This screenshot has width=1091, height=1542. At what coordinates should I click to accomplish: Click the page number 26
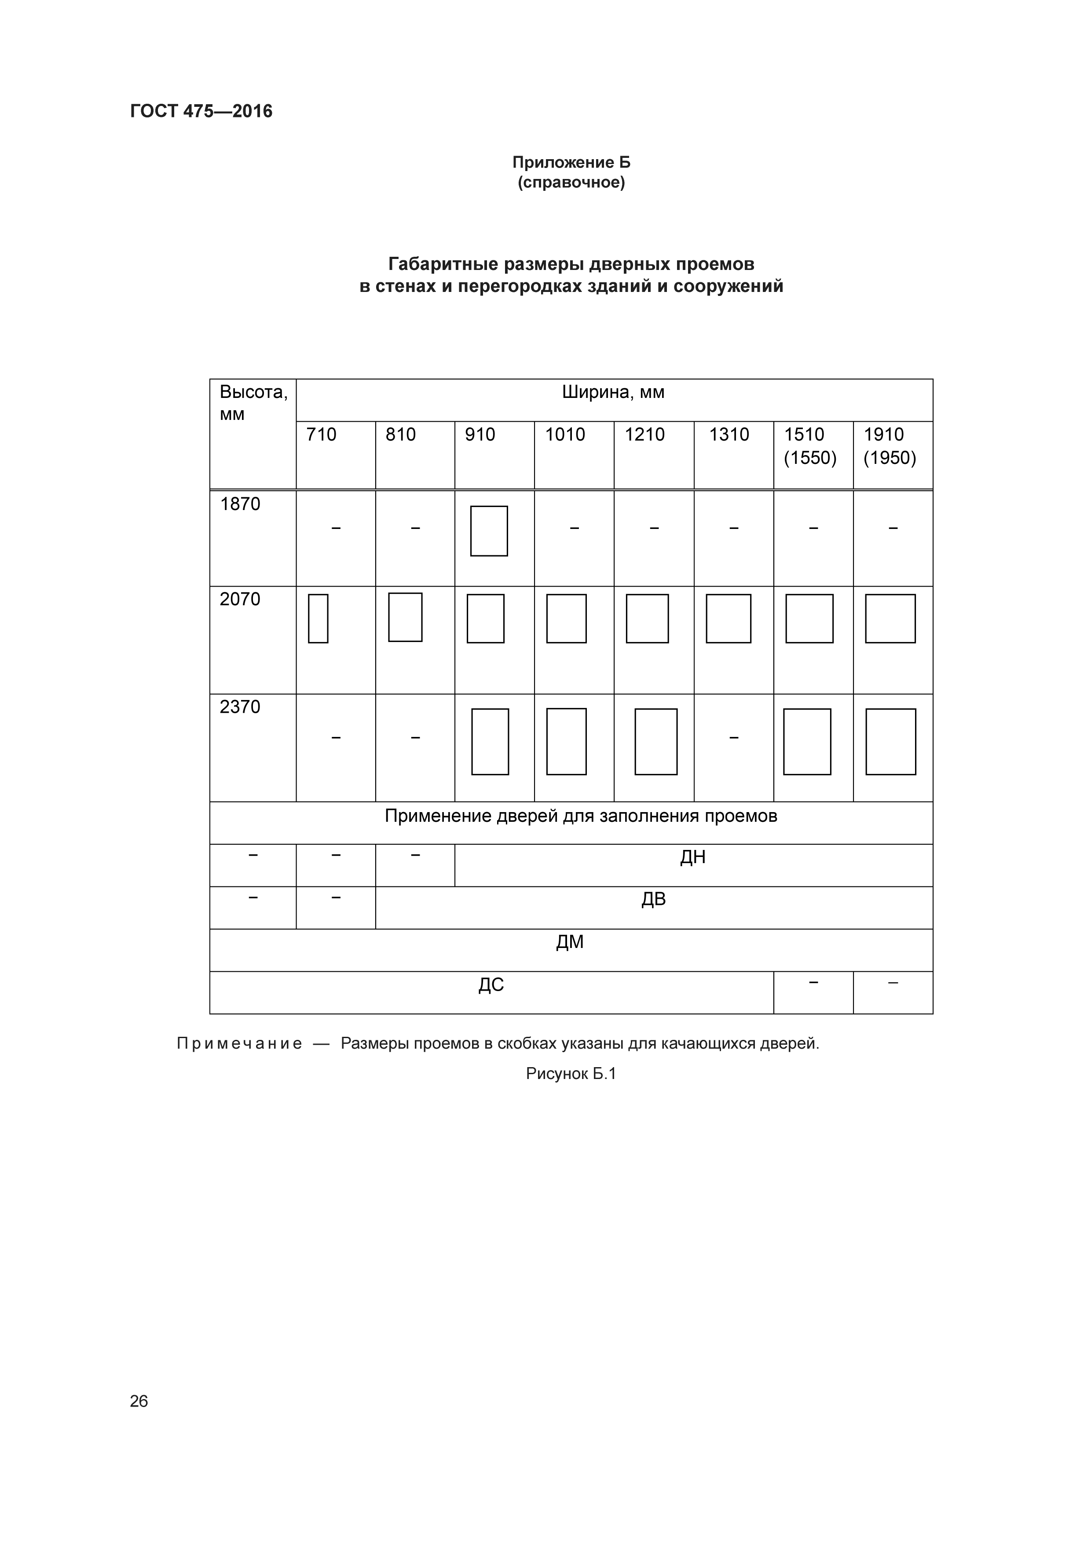pos(139,1401)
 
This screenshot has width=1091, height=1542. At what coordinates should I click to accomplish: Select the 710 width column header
pos(321,434)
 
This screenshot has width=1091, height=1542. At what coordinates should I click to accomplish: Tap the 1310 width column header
pos(729,434)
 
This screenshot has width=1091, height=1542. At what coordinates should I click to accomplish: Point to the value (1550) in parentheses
pos(810,458)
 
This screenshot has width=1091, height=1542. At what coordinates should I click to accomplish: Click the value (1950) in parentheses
pos(890,458)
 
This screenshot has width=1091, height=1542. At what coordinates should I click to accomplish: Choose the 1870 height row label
pos(240,504)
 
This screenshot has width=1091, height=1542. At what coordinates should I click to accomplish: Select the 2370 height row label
pos(240,707)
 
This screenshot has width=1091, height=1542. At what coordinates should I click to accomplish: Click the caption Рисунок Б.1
pos(571,1074)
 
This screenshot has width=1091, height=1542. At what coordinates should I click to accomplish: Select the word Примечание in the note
pos(239,1044)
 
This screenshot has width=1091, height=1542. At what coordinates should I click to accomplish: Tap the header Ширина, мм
pos(613,392)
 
